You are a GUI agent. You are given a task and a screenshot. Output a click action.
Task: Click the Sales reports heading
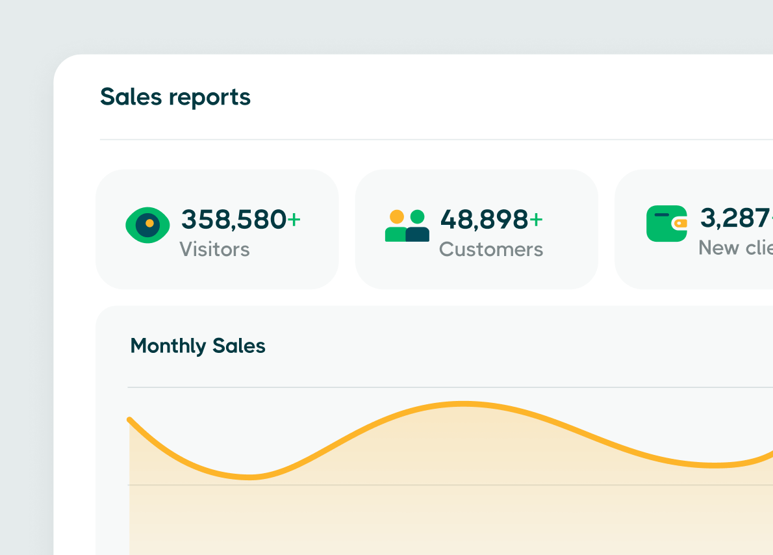point(175,97)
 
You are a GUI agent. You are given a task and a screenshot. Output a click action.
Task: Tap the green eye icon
point(147,225)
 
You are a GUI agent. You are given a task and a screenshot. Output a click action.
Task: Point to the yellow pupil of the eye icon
point(149,223)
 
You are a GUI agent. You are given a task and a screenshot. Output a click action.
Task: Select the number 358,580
point(233,220)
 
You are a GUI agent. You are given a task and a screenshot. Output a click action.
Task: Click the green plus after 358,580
point(294,220)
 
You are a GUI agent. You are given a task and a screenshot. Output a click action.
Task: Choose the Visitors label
point(214,250)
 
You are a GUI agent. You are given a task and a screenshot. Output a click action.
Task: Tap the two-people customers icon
point(407,226)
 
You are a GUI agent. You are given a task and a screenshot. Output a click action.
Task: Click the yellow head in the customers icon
point(396,216)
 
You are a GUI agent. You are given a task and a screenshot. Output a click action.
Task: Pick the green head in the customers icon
point(418,216)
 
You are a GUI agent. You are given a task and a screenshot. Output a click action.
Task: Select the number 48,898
point(484,220)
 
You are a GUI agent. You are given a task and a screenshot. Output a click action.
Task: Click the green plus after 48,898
point(536,220)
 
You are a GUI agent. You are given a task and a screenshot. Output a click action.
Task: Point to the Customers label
point(491,250)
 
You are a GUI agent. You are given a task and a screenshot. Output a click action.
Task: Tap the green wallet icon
point(666,224)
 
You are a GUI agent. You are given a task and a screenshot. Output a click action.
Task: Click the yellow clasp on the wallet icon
point(679,223)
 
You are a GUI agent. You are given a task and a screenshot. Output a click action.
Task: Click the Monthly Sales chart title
point(197,346)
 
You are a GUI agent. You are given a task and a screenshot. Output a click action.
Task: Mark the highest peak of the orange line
point(463,404)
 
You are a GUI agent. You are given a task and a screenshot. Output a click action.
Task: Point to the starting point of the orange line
point(130,420)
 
